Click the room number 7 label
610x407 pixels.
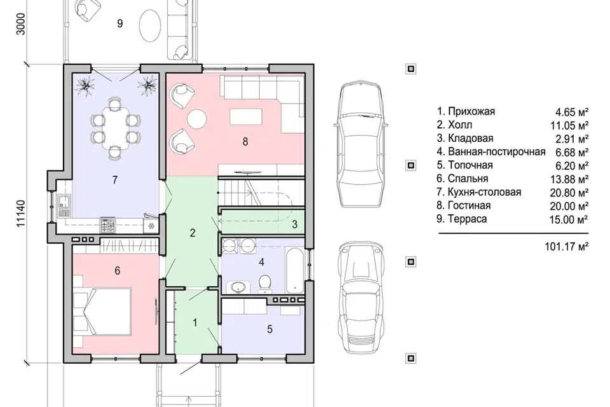(115, 180)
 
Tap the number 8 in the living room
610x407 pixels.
(245, 141)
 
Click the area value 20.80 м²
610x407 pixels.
(569, 193)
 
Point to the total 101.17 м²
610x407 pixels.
(566, 246)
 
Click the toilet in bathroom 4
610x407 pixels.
(265, 283)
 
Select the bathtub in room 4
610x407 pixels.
(294, 270)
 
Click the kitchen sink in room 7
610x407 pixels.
(63, 206)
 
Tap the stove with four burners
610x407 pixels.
(108, 226)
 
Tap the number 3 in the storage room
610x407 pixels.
(295, 224)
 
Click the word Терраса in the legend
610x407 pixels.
(467, 219)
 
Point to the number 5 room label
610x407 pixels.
(269, 329)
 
